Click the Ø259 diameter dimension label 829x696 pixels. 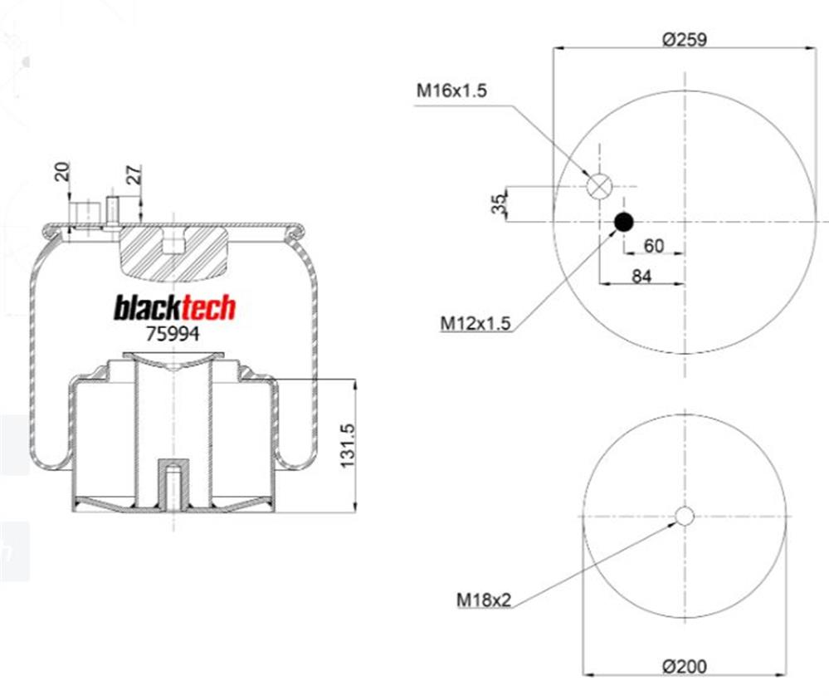[684, 40]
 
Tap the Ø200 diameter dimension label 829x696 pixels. [684, 666]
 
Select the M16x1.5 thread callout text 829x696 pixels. [451, 91]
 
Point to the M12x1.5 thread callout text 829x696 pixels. [475, 322]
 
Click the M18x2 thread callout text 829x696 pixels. [485, 600]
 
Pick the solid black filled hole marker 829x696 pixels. [623, 223]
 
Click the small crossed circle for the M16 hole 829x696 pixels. [599, 186]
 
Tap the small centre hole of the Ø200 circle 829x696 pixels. [685, 516]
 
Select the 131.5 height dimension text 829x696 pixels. [348, 445]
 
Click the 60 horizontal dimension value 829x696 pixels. [653, 246]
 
